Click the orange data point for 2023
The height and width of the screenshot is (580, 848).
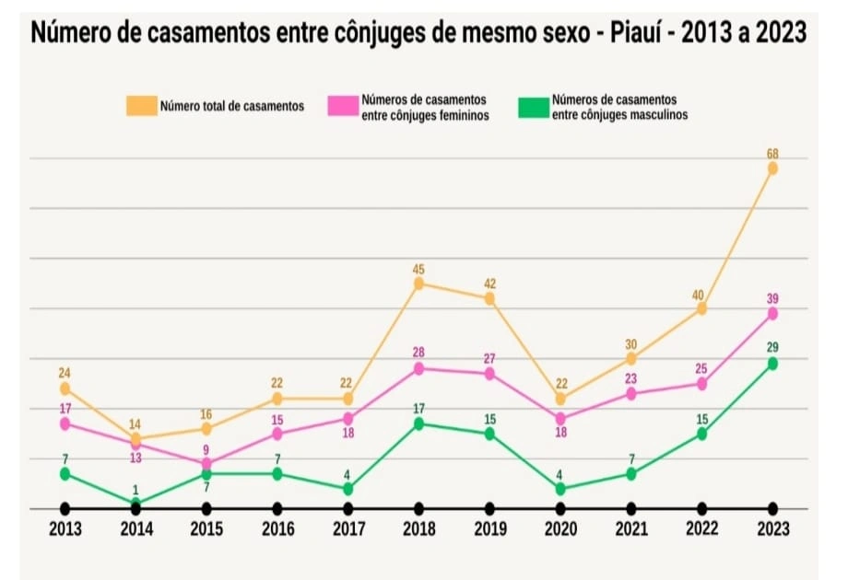(772, 168)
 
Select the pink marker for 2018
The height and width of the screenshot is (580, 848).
(418, 368)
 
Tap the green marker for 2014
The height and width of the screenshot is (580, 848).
(135, 503)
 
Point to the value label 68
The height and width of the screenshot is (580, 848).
(772, 153)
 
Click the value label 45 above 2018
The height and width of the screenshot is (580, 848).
(418, 269)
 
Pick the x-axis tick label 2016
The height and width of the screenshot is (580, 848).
(277, 530)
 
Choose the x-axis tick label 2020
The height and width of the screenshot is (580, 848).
(560, 530)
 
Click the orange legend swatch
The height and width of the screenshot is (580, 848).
(141, 106)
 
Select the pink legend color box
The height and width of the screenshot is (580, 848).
(342, 106)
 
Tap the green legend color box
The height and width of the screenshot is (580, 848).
(532, 106)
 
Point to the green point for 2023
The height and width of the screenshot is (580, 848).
(772, 364)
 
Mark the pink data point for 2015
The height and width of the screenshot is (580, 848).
(206, 463)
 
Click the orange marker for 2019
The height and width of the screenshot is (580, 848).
(489, 298)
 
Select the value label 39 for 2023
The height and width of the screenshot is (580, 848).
(772, 298)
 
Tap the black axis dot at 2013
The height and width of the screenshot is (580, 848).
(65, 508)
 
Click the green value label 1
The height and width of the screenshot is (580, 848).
(135, 490)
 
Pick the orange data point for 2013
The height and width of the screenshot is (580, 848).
(65, 389)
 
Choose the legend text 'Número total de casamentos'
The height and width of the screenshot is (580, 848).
(232, 106)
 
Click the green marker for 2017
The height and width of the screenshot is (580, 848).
(347, 489)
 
